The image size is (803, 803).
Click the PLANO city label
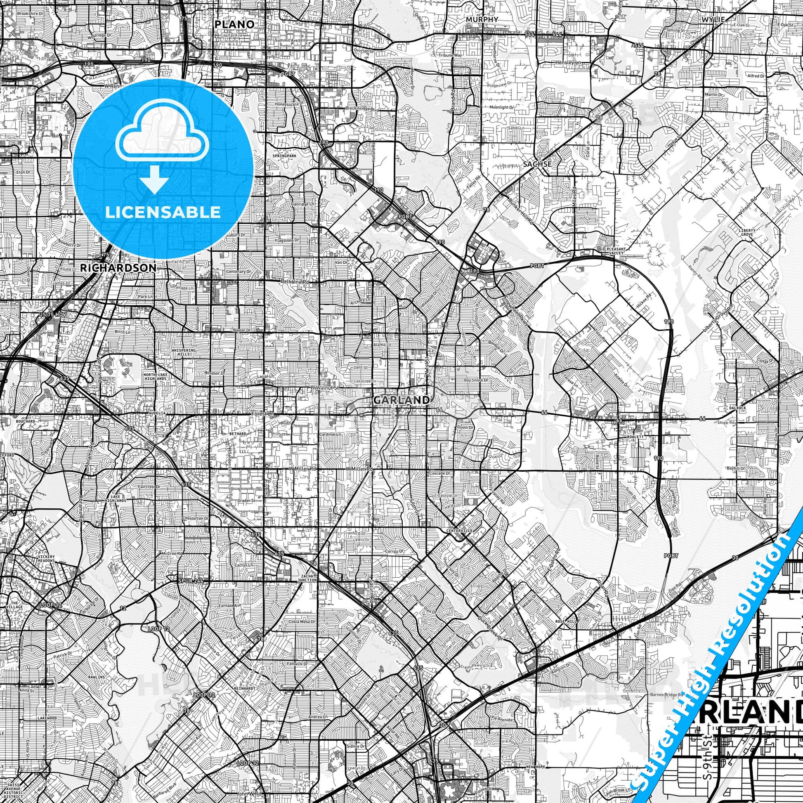(234, 24)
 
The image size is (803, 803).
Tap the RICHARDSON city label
(118, 268)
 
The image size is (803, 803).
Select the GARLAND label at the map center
(401, 400)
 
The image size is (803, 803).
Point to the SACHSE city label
(537, 164)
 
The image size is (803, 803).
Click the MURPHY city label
(482, 19)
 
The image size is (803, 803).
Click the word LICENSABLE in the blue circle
(163, 212)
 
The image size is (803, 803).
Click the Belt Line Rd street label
(295, 282)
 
